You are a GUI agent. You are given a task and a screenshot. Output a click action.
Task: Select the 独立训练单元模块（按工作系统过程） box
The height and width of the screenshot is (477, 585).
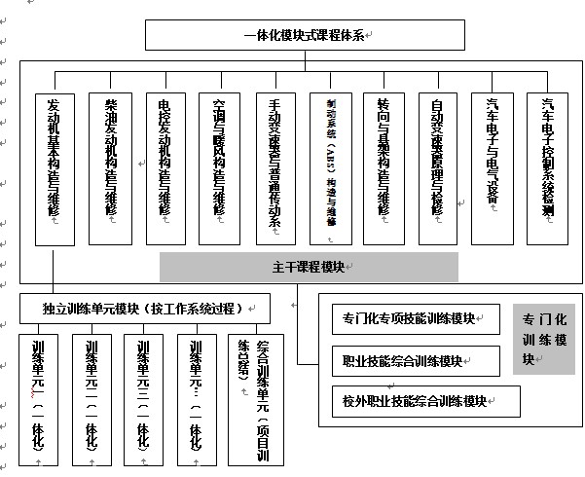142,309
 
